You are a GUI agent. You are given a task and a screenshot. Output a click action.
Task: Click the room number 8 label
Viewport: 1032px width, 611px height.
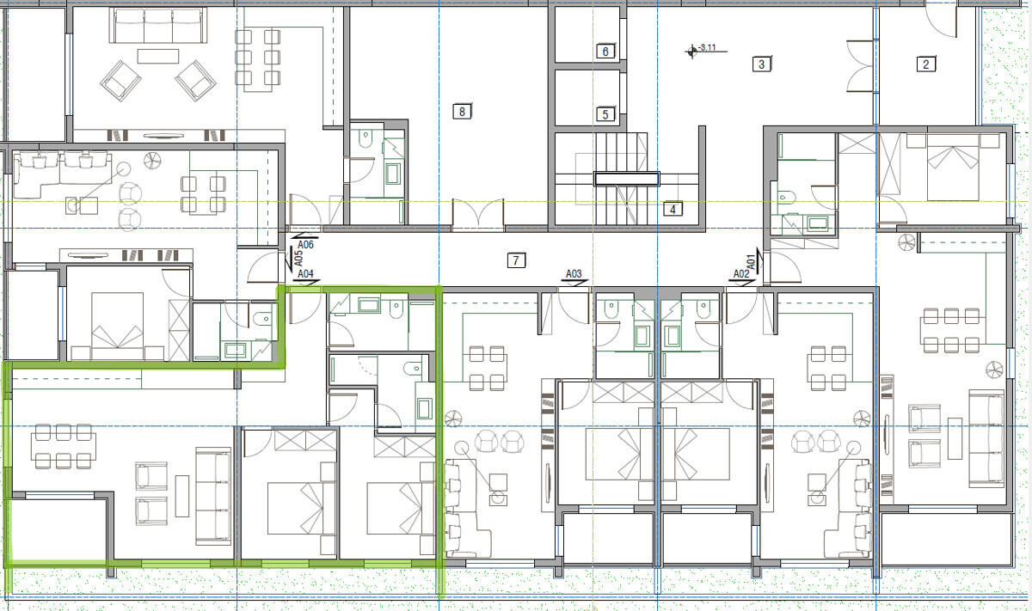pyautogui.click(x=462, y=112)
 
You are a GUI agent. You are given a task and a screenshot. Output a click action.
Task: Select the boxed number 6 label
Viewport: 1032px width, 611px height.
pyautogui.click(x=605, y=51)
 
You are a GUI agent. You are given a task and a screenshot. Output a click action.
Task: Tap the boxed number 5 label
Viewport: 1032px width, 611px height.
pyautogui.click(x=605, y=114)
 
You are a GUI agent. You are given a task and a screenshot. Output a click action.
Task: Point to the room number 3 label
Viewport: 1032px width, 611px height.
pyautogui.click(x=762, y=64)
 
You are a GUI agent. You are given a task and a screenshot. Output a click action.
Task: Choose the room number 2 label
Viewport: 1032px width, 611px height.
pyautogui.click(x=926, y=64)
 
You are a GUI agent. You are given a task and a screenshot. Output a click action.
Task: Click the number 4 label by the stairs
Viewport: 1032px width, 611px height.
pyautogui.click(x=673, y=210)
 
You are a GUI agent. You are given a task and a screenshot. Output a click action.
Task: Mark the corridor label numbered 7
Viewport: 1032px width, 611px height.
pyautogui.click(x=516, y=260)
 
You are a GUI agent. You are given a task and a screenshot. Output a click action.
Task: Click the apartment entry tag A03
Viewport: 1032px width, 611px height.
pyautogui.click(x=574, y=274)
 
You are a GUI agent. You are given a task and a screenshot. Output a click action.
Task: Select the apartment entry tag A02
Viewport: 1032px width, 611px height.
pyautogui.click(x=741, y=274)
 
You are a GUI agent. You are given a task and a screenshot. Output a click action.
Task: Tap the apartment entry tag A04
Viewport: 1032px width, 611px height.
pyautogui.click(x=305, y=274)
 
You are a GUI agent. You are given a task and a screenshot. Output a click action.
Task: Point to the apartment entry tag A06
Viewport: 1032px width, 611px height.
pyautogui.click(x=305, y=245)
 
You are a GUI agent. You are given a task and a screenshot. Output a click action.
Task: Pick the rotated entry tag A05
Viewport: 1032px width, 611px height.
pyautogui.click(x=298, y=259)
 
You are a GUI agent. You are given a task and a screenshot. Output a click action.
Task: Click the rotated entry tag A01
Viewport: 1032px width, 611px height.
pyautogui.click(x=751, y=262)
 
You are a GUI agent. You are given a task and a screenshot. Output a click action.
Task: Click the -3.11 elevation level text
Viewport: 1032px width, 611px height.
pyautogui.click(x=707, y=47)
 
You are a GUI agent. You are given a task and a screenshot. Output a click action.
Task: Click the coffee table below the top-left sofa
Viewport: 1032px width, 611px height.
pyautogui.click(x=158, y=56)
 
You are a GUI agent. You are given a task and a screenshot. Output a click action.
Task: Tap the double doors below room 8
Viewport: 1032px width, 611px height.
pyautogui.click(x=478, y=214)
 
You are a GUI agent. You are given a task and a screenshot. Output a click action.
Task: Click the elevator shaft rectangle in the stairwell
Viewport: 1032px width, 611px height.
pyautogui.click(x=627, y=179)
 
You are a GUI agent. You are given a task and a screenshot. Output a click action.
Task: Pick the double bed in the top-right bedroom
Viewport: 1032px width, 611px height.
pyautogui.click(x=953, y=168)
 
